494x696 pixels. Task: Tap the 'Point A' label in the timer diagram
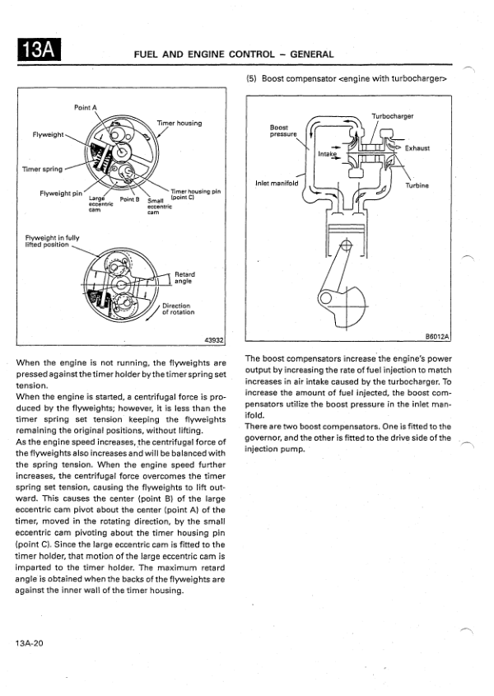click(x=85, y=107)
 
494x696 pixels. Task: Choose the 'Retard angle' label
click(x=184, y=277)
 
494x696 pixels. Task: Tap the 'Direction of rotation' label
click(x=178, y=309)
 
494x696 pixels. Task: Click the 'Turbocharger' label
click(x=393, y=117)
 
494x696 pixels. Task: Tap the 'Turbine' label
click(x=417, y=185)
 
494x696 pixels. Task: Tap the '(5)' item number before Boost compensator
click(x=253, y=78)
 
